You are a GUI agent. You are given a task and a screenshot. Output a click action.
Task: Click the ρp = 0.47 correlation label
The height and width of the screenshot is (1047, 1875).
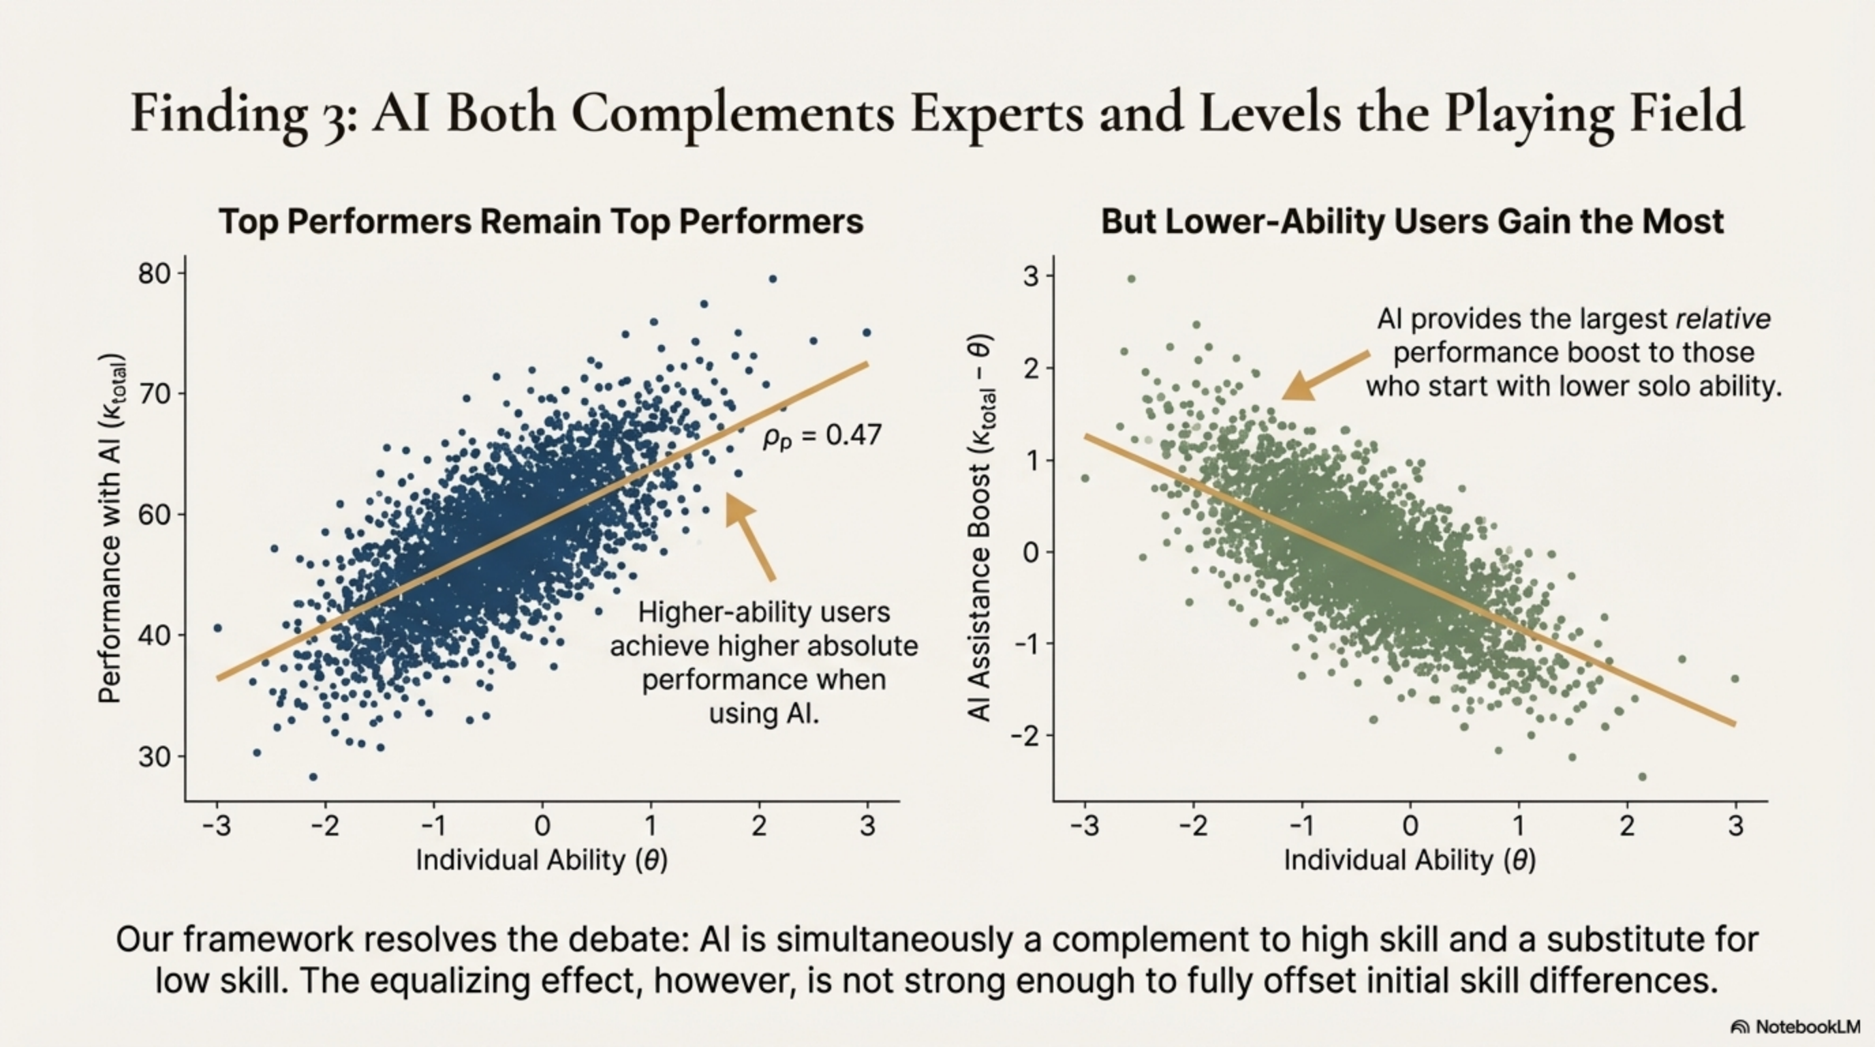click(x=822, y=436)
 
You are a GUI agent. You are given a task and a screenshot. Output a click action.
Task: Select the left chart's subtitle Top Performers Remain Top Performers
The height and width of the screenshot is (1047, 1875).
click(x=541, y=222)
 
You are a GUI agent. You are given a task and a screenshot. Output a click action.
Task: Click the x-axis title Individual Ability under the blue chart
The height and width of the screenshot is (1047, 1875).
click(x=542, y=861)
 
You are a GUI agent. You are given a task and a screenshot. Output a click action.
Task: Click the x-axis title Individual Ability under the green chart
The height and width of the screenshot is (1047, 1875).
click(x=1410, y=861)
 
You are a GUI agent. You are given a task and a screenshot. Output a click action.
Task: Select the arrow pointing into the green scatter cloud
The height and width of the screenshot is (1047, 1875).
click(x=1324, y=375)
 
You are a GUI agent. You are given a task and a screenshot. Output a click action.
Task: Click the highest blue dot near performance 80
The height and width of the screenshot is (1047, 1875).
click(x=773, y=279)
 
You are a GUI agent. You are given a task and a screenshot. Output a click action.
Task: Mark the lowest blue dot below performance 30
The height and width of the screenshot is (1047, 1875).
click(x=313, y=777)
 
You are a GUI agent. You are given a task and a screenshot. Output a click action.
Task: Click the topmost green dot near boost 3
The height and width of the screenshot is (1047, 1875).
click(x=1131, y=279)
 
